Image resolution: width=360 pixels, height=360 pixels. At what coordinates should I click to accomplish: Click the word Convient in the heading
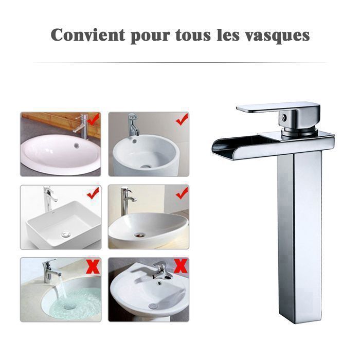[88, 35]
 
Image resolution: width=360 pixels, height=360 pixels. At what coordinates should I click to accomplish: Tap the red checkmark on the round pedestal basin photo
[181, 120]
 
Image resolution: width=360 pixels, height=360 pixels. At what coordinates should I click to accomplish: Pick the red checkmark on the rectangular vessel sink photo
[93, 193]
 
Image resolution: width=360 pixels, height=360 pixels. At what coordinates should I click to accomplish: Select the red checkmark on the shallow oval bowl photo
[181, 193]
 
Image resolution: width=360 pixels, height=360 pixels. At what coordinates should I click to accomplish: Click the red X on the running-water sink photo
[93, 266]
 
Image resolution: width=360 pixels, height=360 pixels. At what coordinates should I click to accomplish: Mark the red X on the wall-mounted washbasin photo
[181, 266]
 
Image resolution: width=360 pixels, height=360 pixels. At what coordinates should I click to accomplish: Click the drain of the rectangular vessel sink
[65, 235]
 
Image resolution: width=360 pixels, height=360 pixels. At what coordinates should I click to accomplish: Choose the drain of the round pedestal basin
[146, 166]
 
